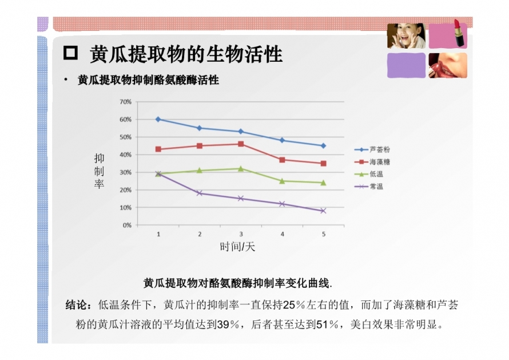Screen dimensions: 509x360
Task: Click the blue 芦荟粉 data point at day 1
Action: coord(158,119)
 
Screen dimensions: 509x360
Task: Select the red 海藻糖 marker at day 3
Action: coord(241,144)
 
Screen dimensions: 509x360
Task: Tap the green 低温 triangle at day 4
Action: coord(282,181)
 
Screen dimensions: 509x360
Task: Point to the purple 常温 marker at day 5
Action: coord(323,211)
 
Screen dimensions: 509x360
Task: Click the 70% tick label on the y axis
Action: coord(125,102)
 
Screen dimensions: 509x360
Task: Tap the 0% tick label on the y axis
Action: coord(127,225)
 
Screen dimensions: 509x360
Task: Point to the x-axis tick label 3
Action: coord(241,234)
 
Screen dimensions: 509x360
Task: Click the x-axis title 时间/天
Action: coord(237,247)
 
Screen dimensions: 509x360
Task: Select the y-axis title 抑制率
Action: coord(99,171)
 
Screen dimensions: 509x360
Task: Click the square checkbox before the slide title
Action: coord(70,53)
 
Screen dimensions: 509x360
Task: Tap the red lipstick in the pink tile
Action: coord(458,33)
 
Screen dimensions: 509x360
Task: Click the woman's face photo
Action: coord(406,35)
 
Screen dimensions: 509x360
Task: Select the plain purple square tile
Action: coord(406,65)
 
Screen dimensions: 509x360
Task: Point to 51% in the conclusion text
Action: coord(327,325)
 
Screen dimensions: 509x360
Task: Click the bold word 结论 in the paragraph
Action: coord(76,305)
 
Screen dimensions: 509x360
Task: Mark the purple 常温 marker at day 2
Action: coord(200,193)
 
